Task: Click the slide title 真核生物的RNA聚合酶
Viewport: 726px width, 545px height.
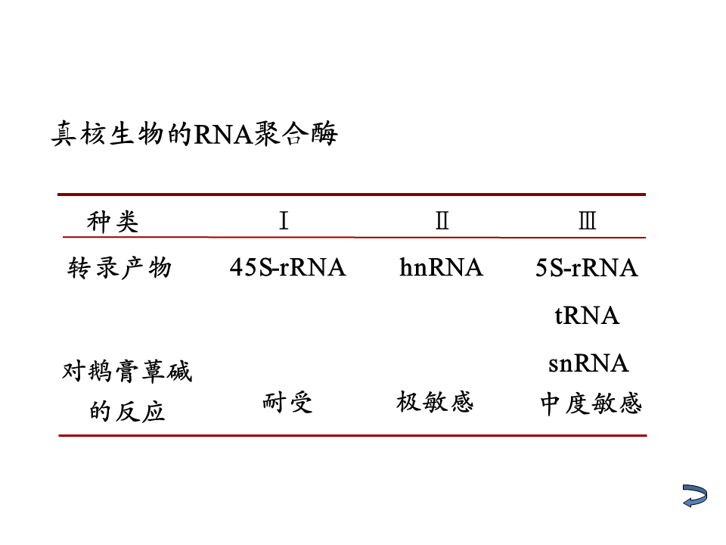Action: (x=194, y=135)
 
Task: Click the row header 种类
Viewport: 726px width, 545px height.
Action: (x=113, y=222)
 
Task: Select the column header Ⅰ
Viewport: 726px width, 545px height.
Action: (x=284, y=221)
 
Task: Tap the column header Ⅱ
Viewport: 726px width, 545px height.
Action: (x=442, y=221)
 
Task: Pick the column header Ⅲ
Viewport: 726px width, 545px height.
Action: (x=587, y=221)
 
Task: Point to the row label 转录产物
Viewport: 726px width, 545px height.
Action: (x=120, y=267)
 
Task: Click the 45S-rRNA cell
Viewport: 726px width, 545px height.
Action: (x=287, y=267)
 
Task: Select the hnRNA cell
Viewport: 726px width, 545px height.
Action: (x=441, y=267)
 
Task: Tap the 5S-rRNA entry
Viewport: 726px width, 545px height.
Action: (x=587, y=268)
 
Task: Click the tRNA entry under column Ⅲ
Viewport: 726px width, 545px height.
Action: (x=587, y=316)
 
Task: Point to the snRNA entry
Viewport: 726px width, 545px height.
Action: (x=588, y=363)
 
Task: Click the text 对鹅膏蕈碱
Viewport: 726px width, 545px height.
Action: (x=127, y=372)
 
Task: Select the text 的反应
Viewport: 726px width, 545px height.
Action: (x=127, y=412)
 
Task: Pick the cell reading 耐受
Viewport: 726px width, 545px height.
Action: (x=287, y=402)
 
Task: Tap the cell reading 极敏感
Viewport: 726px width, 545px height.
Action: (x=435, y=401)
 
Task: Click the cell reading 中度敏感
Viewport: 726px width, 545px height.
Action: (x=591, y=403)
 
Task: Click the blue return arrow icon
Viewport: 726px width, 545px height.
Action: (x=694, y=496)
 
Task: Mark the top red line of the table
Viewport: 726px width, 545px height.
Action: (x=352, y=195)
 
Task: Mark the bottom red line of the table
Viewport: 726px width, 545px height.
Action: (x=352, y=435)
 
